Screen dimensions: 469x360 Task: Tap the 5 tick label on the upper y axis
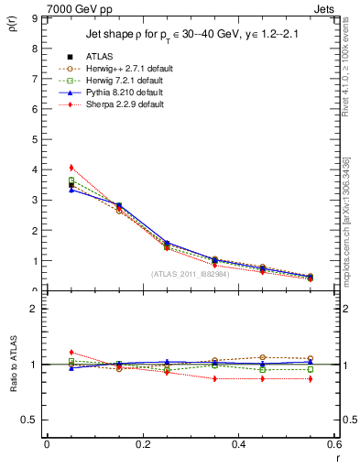33,139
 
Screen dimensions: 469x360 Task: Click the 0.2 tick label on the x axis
142,444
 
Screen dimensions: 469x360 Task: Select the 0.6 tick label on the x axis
333,444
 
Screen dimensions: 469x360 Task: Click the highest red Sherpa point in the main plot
71,168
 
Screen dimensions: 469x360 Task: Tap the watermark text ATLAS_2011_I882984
191,274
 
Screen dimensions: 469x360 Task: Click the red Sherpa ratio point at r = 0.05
71,352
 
